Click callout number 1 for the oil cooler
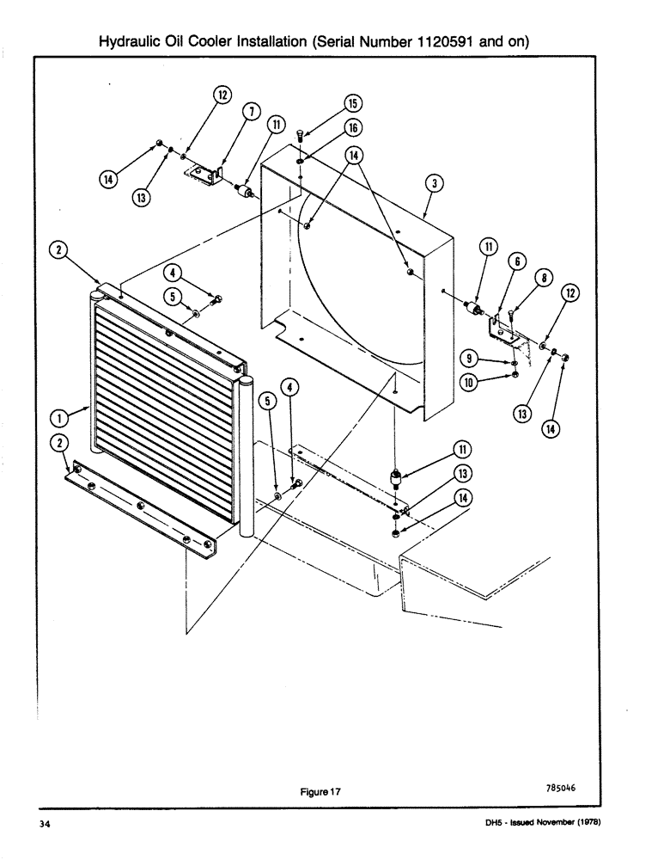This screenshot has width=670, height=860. click(x=60, y=419)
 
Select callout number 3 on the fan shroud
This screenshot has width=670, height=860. click(x=435, y=183)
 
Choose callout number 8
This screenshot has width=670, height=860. click(x=543, y=278)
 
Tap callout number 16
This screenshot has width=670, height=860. click(x=352, y=128)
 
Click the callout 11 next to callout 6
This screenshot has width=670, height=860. click(x=488, y=247)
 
